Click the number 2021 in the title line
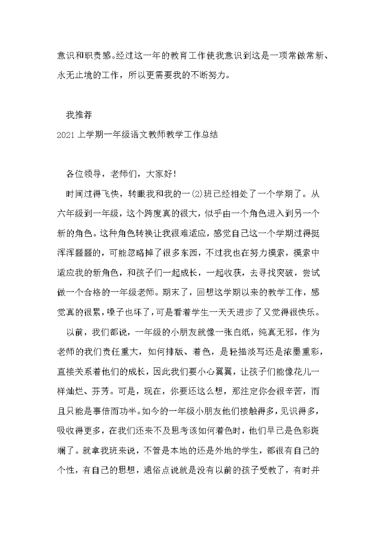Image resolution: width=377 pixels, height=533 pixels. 66,134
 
